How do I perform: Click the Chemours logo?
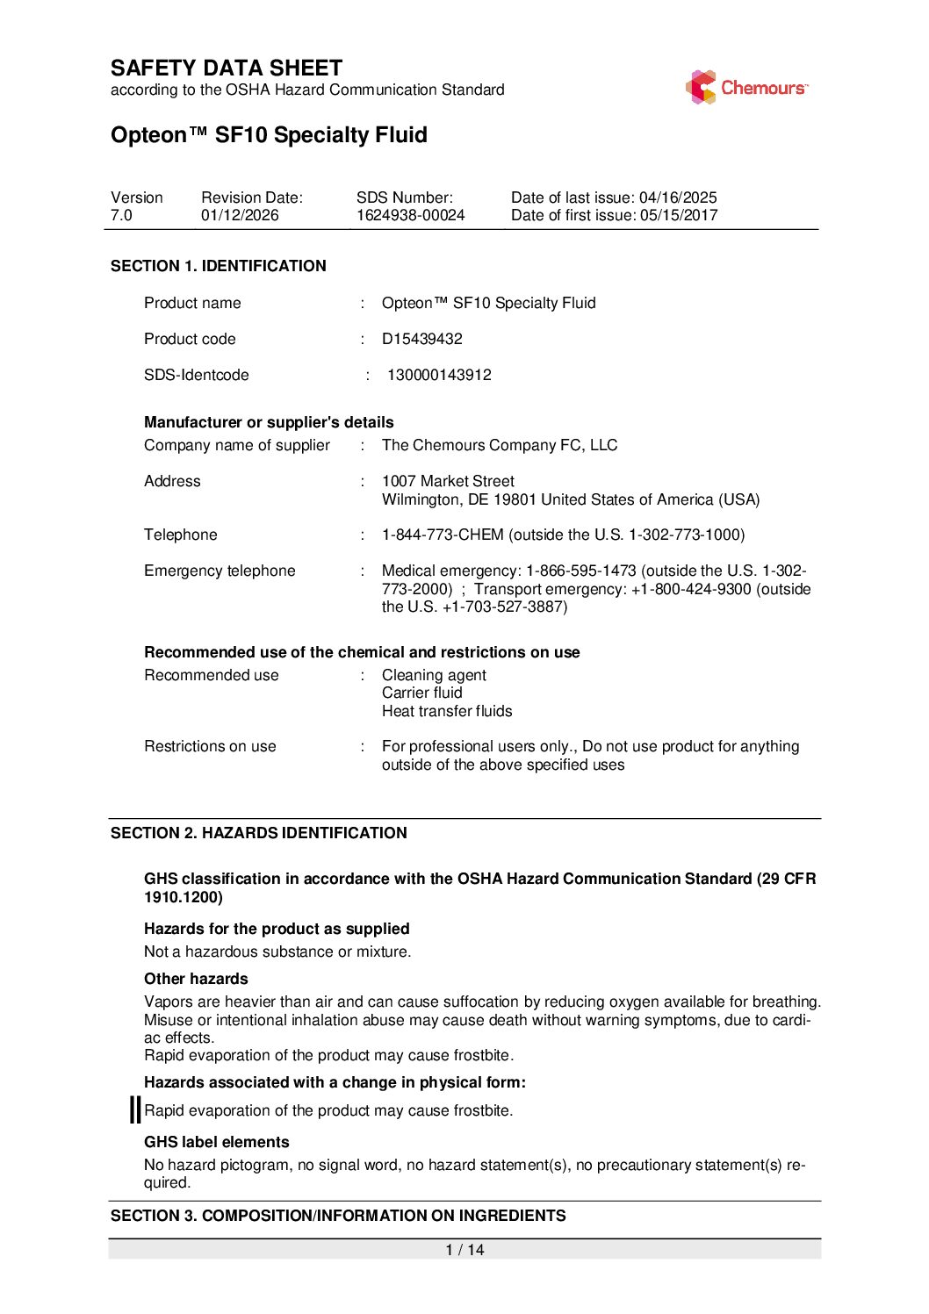pyautogui.click(x=746, y=88)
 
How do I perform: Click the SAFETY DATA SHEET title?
pyautogui.click(x=227, y=68)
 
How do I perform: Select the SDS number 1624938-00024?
pyautogui.click(x=410, y=216)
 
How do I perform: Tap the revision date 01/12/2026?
pyautogui.click(x=240, y=216)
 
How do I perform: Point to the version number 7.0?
pyautogui.click(x=121, y=216)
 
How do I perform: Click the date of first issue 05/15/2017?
pyautogui.click(x=678, y=216)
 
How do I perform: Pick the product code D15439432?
pyautogui.click(x=421, y=339)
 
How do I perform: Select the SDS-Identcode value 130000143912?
pyautogui.click(x=439, y=375)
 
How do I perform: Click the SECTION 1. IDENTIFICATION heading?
pyautogui.click(x=219, y=266)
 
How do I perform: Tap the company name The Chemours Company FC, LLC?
pyautogui.click(x=500, y=445)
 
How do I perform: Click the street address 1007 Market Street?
pyautogui.click(x=448, y=481)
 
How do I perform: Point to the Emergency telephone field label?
pyautogui.click(x=220, y=571)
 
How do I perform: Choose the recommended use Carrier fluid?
pyautogui.click(x=421, y=693)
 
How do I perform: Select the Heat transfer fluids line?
pyautogui.click(x=447, y=711)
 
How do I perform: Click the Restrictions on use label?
pyautogui.click(x=210, y=746)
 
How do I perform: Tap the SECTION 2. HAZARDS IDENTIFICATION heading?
pyautogui.click(x=259, y=833)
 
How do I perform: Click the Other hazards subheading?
pyautogui.click(x=196, y=979)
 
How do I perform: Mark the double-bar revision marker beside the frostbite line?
pyautogui.click(x=135, y=1109)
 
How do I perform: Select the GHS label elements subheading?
pyautogui.click(x=217, y=1142)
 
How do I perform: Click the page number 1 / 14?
pyautogui.click(x=464, y=1250)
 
